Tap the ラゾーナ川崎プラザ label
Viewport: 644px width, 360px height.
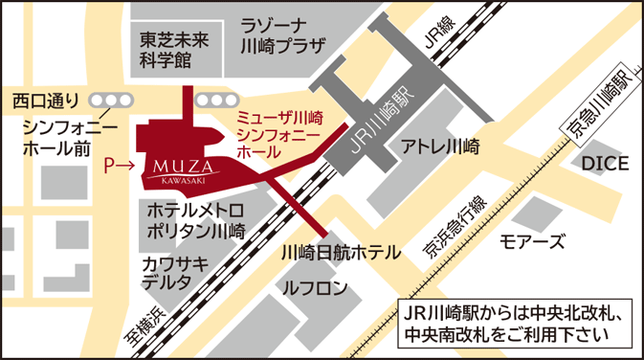(284, 37)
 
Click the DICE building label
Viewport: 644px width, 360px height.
(605, 164)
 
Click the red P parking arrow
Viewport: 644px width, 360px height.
(119, 166)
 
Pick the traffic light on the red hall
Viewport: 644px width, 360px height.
(215, 99)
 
